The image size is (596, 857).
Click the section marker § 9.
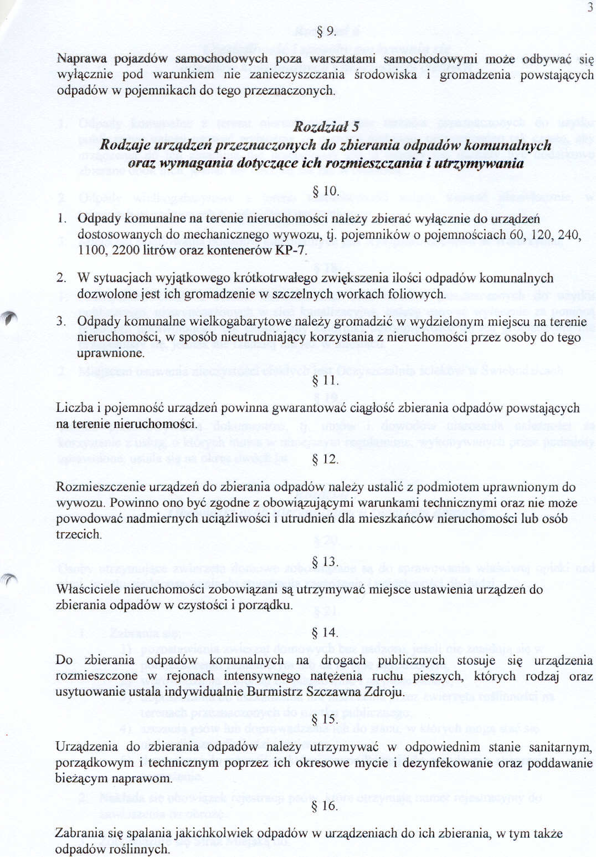point(326,31)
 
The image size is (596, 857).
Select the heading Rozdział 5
point(326,127)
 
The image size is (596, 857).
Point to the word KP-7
point(290,251)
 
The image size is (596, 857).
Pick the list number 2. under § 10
point(61,278)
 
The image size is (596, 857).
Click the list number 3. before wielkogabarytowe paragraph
point(61,322)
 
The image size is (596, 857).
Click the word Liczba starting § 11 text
point(75,409)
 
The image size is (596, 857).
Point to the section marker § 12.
point(326,460)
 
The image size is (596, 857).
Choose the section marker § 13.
point(326,562)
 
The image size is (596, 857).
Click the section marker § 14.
point(326,632)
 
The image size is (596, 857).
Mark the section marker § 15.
point(326,719)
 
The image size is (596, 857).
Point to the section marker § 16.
point(326,805)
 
